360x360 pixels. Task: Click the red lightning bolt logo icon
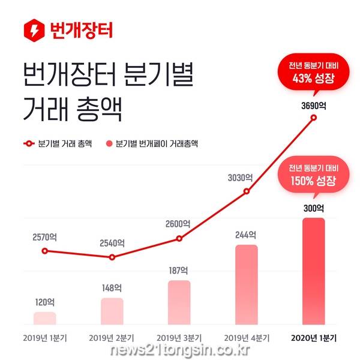tap(33, 29)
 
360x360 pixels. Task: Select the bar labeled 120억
tap(45, 319)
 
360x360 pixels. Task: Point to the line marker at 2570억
tap(44, 250)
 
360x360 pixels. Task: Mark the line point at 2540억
tap(112, 257)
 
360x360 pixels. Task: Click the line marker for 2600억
tap(179, 239)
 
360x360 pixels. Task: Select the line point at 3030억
tap(247, 192)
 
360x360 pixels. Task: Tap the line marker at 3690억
tap(314, 119)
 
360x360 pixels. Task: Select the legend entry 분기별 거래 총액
tap(56, 144)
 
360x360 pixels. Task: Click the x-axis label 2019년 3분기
tap(179, 337)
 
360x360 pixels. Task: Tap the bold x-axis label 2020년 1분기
tap(314, 337)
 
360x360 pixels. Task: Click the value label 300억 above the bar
tap(314, 209)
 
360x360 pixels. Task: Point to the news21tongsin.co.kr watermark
tap(180, 351)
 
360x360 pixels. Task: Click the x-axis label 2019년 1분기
tap(45, 337)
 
